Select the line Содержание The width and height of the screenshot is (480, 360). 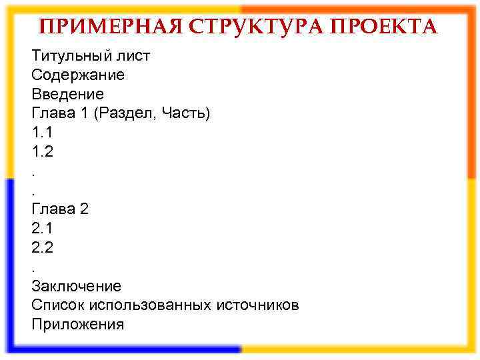[x=78, y=75]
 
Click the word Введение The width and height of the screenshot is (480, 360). [x=68, y=94]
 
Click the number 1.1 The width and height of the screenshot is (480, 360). [x=42, y=133]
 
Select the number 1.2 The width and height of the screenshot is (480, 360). [x=42, y=152]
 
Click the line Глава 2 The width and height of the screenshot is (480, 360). [x=60, y=209]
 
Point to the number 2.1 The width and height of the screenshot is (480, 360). [x=42, y=229]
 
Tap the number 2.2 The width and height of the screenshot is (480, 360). [x=42, y=248]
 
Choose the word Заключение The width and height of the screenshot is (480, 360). [x=77, y=287]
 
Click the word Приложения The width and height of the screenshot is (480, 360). [x=78, y=325]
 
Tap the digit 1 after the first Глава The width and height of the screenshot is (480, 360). [x=84, y=113]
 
